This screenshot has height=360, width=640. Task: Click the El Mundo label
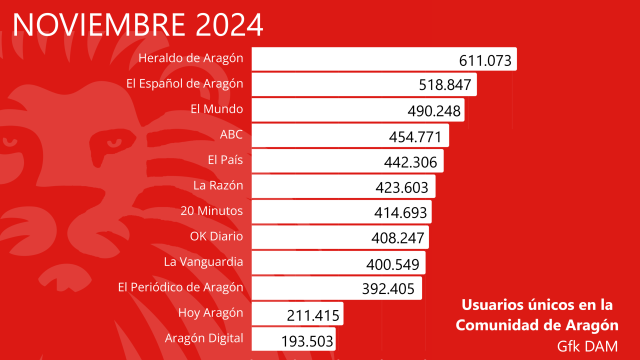click(217, 108)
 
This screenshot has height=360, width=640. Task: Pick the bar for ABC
click(350, 134)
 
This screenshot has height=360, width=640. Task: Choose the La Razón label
click(219, 185)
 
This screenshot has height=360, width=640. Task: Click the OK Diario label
click(217, 237)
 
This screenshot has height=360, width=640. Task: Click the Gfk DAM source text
click(590, 345)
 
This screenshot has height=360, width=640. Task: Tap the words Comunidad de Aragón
click(536, 325)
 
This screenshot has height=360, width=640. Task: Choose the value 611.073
click(486, 60)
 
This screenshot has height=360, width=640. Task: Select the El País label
click(226, 159)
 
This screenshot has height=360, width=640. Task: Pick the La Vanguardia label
click(204, 263)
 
